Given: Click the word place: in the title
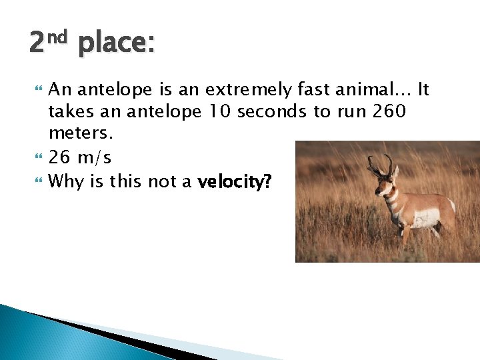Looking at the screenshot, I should [116, 45].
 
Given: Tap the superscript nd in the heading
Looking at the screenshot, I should [58, 37].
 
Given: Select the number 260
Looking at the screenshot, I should [388, 111].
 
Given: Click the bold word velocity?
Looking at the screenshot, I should [235, 181].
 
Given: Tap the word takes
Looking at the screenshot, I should [70, 111].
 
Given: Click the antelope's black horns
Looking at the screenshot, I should [381, 163].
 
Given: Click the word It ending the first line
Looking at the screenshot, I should [423, 89].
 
